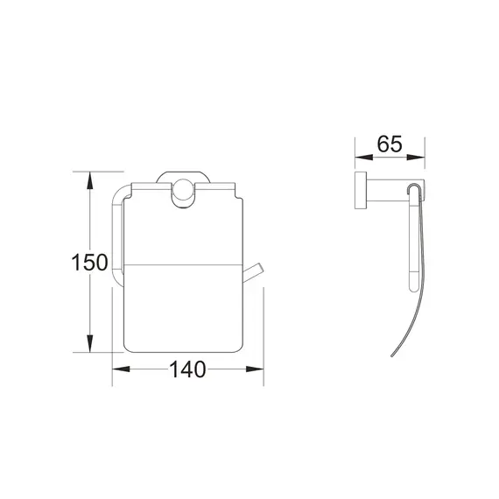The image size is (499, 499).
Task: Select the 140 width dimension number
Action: tap(187, 370)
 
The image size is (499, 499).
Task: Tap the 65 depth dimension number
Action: tap(390, 145)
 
